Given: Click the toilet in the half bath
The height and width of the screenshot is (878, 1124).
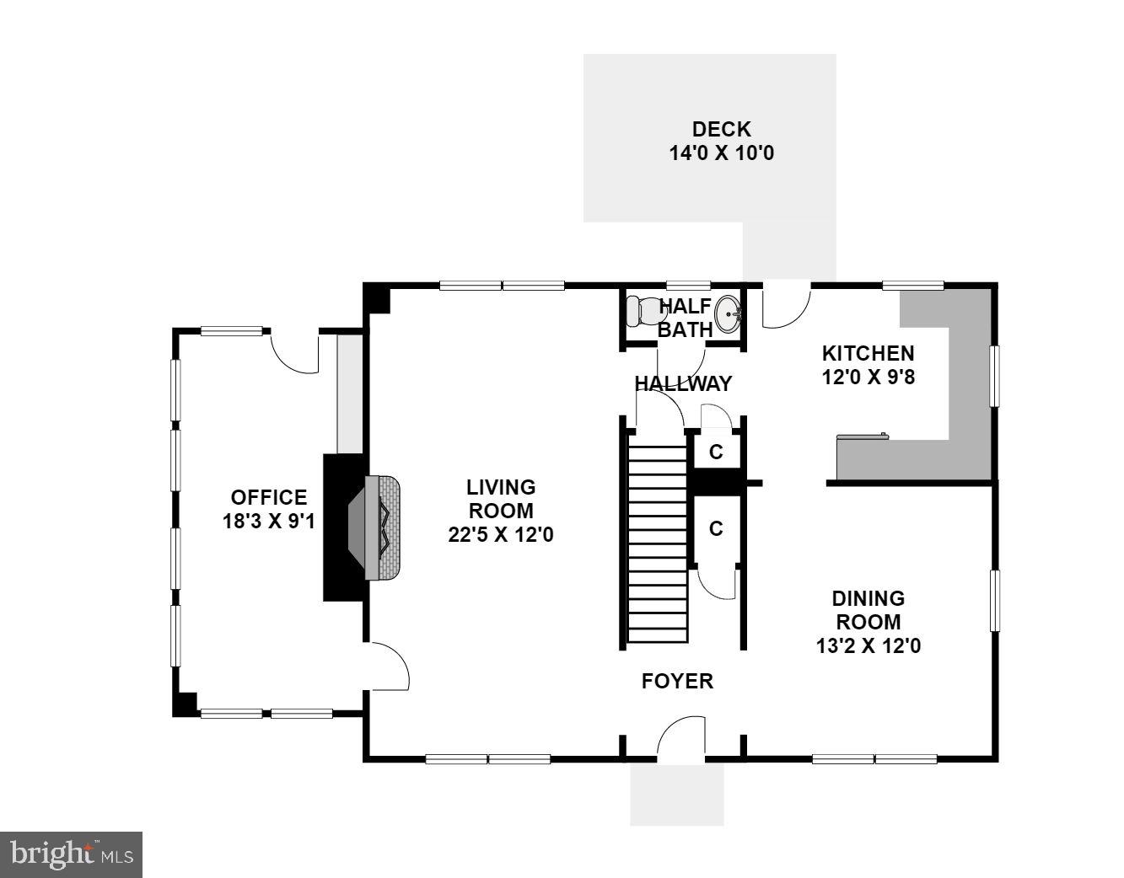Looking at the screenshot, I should pyautogui.click(x=646, y=312).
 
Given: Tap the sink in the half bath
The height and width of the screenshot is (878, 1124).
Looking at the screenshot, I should pyautogui.click(x=729, y=316).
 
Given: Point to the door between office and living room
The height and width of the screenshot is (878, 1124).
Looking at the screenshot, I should pyautogui.click(x=388, y=667).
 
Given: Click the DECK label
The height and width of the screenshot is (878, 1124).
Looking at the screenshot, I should pyautogui.click(x=721, y=130).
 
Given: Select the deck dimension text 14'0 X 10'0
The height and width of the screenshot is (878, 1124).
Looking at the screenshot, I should pyautogui.click(x=721, y=154).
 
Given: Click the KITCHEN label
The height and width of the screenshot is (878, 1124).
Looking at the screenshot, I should pyautogui.click(x=868, y=353).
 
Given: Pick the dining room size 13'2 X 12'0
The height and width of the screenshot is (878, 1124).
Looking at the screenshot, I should pyautogui.click(x=868, y=646).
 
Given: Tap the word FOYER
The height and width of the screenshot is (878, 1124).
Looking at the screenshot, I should pyautogui.click(x=677, y=681).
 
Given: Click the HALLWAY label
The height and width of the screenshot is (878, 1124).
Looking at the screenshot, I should pyautogui.click(x=683, y=384).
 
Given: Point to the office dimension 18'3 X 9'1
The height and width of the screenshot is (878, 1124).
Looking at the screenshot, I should pyautogui.click(x=268, y=522).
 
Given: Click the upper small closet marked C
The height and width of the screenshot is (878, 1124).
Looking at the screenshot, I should pyautogui.click(x=716, y=452).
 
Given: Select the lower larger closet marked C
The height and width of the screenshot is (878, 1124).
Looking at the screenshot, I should pyautogui.click(x=716, y=529).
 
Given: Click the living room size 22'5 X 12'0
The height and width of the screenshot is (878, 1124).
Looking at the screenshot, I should pyautogui.click(x=501, y=534).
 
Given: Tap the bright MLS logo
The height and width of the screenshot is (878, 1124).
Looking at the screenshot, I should pyautogui.click(x=71, y=854).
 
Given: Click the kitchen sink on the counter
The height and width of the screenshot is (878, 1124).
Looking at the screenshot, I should pyautogui.click(x=861, y=436).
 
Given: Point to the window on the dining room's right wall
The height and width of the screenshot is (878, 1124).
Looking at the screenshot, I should pyautogui.click(x=995, y=601).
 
